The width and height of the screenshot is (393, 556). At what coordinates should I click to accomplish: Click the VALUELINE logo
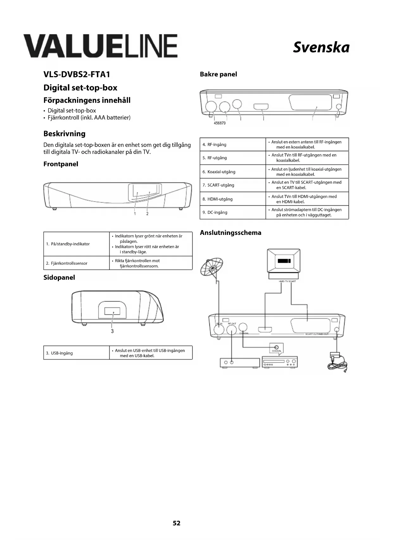tap(100, 46)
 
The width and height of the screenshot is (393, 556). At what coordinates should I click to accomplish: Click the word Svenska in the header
tap(321, 48)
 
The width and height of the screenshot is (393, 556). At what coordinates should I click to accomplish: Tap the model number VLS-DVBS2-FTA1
tap(77, 74)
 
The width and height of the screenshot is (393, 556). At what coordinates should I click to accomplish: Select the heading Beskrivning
tap(64, 133)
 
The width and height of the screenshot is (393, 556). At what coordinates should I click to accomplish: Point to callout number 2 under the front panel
tap(147, 214)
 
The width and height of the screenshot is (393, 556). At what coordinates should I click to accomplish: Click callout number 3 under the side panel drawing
tap(112, 331)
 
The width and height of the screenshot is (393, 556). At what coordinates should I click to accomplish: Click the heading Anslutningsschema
tap(231, 233)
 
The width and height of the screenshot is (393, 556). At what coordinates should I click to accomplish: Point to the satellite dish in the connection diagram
tap(211, 267)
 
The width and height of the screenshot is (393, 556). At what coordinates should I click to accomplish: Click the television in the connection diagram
tap(283, 262)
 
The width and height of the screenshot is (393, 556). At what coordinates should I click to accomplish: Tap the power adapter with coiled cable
tap(337, 362)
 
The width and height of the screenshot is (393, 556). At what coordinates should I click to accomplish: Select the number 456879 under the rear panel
tap(220, 123)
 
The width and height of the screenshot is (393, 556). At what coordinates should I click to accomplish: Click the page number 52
tap(176, 523)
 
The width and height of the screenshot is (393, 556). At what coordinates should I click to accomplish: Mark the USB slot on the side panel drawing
tap(112, 311)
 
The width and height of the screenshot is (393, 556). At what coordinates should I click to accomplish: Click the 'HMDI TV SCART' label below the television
tap(287, 281)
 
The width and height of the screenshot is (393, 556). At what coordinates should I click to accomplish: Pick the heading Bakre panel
tap(218, 74)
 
